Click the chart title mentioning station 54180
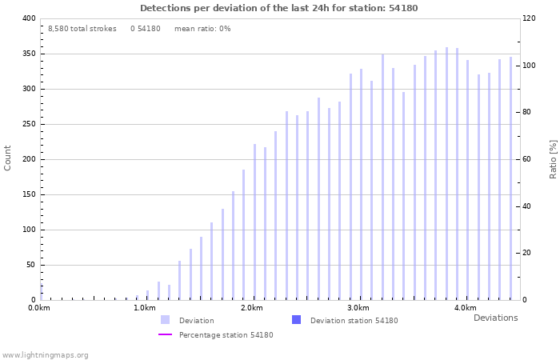pyautogui.click(x=278, y=8)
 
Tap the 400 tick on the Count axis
pyautogui.click(x=29, y=18)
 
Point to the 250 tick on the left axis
pyautogui.click(x=29, y=124)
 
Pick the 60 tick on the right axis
pyautogui.click(x=529, y=159)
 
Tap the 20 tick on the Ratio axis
pyautogui.click(x=529, y=253)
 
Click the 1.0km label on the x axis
pyautogui.click(x=145, y=308)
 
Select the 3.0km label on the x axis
pyautogui.click(x=358, y=308)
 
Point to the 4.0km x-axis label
pyautogui.click(x=465, y=308)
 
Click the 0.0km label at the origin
pyautogui.click(x=39, y=308)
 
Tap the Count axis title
pyautogui.click(x=8, y=158)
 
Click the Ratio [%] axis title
pyautogui.click(x=553, y=158)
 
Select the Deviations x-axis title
pyautogui.click(x=495, y=318)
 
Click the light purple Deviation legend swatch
pyautogui.click(x=165, y=320)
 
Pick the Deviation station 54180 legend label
pyautogui.click(x=354, y=321)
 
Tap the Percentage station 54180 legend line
pyautogui.click(x=165, y=335)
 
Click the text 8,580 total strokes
pyautogui.click(x=82, y=29)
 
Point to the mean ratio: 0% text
pyautogui.click(x=202, y=29)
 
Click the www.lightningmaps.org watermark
pyautogui.click(x=45, y=354)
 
